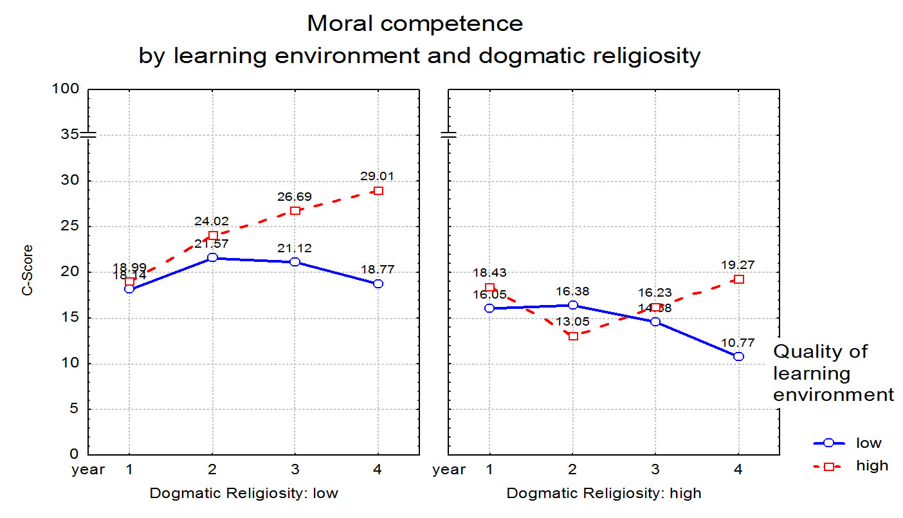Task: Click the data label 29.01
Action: coord(378,176)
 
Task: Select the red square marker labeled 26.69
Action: coord(295,210)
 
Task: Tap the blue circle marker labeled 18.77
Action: coord(378,283)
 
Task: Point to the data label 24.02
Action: coord(212,221)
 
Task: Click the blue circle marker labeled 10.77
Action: coord(738,356)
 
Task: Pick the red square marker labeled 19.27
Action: coord(738,279)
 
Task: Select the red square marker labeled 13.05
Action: coord(573,336)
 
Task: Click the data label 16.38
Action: coord(573,291)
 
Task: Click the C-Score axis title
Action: coord(27,270)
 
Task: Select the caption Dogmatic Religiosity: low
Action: coord(244,494)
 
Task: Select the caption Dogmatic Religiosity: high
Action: coord(604,494)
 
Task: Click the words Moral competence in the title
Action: coord(415,24)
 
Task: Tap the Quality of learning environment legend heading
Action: coord(833,373)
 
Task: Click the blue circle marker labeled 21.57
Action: coord(212,257)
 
